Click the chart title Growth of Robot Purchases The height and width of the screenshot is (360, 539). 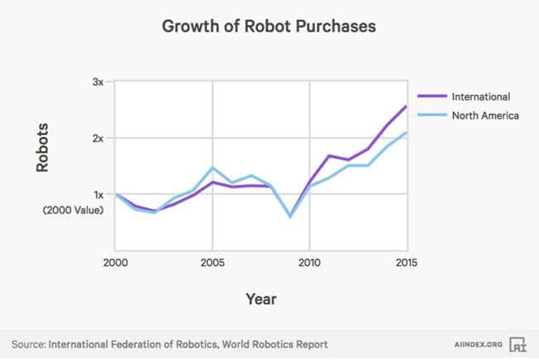tap(269, 27)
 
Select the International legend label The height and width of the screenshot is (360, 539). tap(480, 96)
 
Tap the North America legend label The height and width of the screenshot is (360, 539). tap(485, 115)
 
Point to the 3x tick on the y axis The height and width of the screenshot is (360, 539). tap(98, 82)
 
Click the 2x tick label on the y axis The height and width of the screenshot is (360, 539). tap(98, 138)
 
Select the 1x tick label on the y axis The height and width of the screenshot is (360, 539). tap(98, 194)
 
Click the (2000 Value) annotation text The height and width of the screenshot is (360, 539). tap(73, 210)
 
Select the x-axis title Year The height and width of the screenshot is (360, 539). tap(260, 299)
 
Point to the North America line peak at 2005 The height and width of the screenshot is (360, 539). tap(213, 168)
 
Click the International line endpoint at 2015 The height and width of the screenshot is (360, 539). tap(405, 105)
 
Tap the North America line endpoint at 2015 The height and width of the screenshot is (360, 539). tap(405, 133)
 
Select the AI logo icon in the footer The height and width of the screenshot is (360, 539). tap(518, 343)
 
